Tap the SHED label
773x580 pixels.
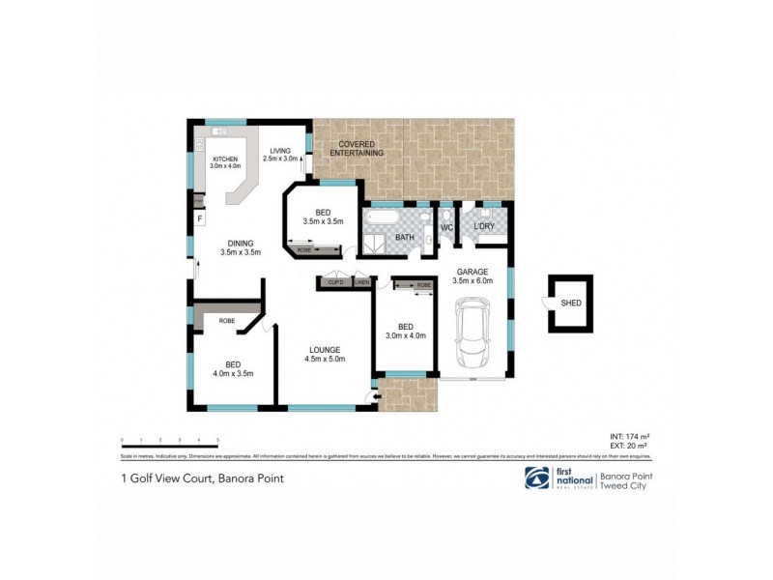click(572, 302)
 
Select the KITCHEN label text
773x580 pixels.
click(225, 159)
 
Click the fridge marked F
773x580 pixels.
click(199, 218)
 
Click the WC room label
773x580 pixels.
click(447, 227)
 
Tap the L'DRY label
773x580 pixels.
click(485, 227)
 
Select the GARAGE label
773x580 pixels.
click(472, 272)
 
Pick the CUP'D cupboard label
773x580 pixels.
click(336, 282)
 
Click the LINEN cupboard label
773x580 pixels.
click(361, 282)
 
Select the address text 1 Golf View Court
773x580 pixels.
click(164, 478)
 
